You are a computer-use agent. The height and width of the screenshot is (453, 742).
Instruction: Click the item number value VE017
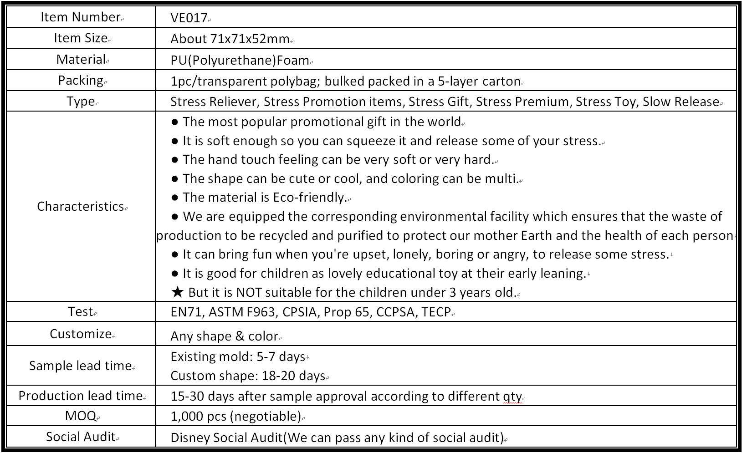click(189, 18)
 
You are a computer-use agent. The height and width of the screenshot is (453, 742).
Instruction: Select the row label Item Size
click(81, 38)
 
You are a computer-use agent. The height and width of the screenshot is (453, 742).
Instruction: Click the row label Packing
click(81, 80)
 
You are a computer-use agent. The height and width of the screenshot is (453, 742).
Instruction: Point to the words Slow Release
click(681, 102)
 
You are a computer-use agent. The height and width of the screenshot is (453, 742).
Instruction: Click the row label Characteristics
click(81, 206)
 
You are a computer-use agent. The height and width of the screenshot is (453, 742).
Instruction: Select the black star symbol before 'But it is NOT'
click(177, 292)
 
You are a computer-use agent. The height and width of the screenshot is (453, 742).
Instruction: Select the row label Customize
click(81, 334)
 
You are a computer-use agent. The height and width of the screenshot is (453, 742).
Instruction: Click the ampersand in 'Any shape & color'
click(240, 336)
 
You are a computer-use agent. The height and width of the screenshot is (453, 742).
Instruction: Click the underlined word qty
click(512, 396)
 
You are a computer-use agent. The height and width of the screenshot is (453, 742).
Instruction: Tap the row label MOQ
click(81, 416)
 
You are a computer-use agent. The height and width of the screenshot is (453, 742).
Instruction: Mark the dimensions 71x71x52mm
click(250, 39)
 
